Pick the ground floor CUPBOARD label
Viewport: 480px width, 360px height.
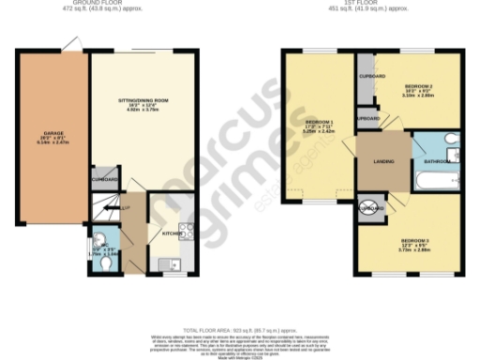105,178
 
